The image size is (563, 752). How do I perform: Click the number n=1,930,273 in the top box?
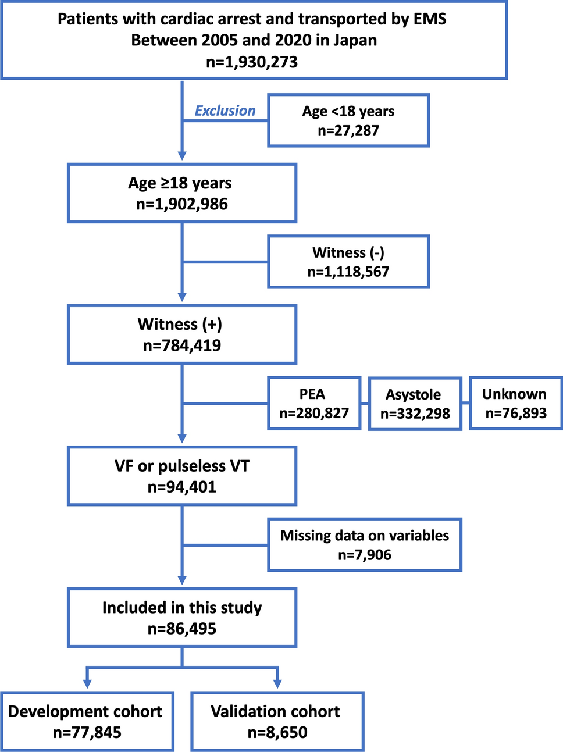coord(252,62)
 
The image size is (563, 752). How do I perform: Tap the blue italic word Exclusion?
coord(225,111)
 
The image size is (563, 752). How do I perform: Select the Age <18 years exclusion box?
coord(348,120)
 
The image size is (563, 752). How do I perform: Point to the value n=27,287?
coord(348,130)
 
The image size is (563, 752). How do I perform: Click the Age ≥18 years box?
coord(182,193)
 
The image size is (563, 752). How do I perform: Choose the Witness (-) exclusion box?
coord(348,262)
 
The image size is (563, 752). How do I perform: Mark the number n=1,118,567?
coord(348,272)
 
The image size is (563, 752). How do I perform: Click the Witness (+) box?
coord(182,334)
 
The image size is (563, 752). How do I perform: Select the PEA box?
coord(314,403)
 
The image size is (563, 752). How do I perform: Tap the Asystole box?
coord(415,404)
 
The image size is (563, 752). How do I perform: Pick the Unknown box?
coord(516,403)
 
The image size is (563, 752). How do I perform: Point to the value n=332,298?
coord(415,414)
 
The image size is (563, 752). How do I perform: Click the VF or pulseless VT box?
coord(182,476)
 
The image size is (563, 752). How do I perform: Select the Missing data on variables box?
coord(365,545)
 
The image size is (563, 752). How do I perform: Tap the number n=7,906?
coord(365,555)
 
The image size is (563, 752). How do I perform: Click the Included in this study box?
coord(182,618)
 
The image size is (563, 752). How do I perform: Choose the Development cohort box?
coord(87,721)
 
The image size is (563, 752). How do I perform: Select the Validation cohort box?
coord(277,721)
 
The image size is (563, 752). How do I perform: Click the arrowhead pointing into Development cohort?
coord(87,684)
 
